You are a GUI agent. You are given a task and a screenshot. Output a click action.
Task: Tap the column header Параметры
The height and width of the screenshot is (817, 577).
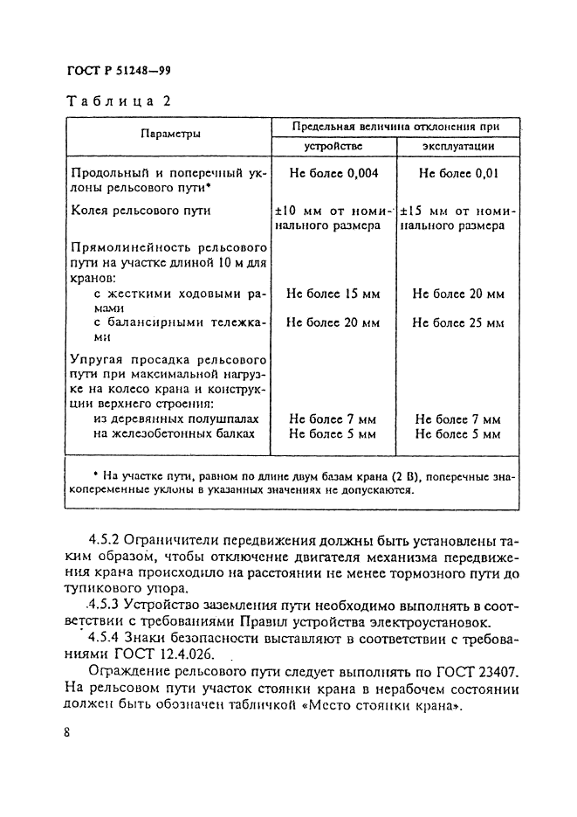[x=168, y=135]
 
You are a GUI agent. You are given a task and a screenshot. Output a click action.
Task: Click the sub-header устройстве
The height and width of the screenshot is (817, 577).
[x=333, y=146]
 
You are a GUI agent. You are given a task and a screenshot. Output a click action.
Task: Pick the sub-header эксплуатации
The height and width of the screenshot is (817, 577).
[x=459, y=146]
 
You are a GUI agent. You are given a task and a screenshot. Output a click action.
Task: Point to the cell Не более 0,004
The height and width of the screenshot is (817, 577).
[x=333, y=173]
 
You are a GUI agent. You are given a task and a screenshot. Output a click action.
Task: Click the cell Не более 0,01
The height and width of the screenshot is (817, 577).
[x=458, y=173]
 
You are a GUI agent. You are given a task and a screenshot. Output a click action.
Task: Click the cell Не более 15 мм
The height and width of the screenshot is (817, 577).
[x=333, y=294]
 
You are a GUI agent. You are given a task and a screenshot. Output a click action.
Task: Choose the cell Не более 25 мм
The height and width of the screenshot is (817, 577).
[x=458, y=322]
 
